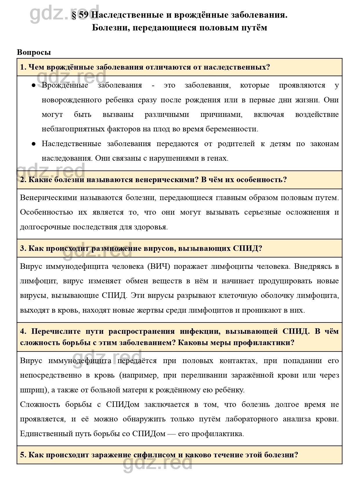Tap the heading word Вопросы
pyautogui.click(x=34, y=52)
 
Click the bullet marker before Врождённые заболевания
pyautogui.click(x=34, y=85)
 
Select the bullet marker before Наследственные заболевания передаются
pyautogui.click(x=34, y=144)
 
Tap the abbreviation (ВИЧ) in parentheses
pyautogui.click(x=158, y=267)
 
